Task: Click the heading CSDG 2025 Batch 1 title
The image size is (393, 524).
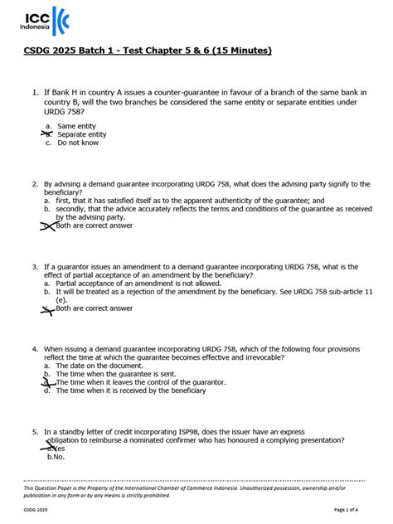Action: tap(146, 51)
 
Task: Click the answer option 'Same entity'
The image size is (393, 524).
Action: tap(76, 125)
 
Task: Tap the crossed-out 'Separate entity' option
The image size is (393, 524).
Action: tap(81, 133)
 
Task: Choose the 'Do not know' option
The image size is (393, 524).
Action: tap(78, 143)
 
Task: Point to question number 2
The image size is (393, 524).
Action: tap(35, 184)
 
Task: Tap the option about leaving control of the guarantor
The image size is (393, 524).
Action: tap(141, 382)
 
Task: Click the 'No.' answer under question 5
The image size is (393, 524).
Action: tap(58, 457)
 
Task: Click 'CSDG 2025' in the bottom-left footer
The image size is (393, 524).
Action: tap(36, 510)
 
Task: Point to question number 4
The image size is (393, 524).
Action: tap(35, 349)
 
